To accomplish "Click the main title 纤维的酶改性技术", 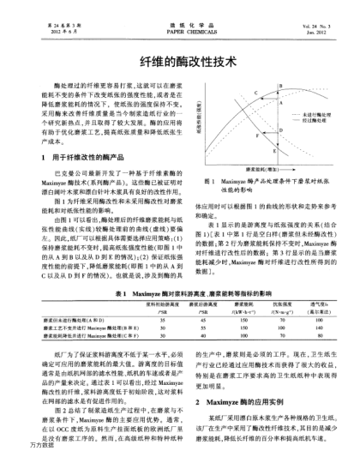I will coord(179,65).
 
